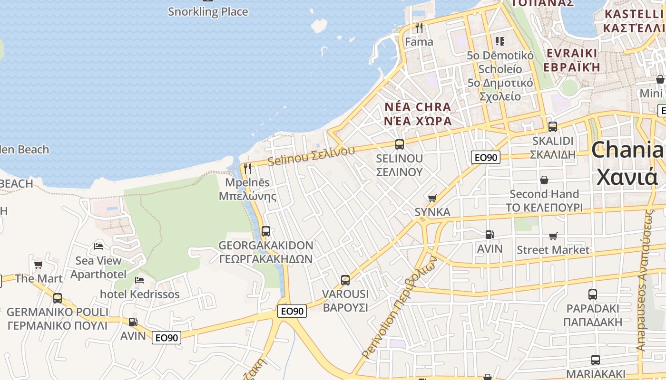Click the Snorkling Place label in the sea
208,11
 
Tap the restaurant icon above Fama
419,28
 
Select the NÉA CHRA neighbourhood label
418,107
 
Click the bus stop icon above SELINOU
400,144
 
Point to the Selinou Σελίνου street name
311,156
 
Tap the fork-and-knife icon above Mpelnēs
247,169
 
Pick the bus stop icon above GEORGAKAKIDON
266,231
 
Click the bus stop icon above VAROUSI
345,280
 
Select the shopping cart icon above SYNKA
432,198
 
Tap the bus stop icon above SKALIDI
553,127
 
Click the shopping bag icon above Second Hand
544,180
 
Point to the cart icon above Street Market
553,236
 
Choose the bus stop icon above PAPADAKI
592,294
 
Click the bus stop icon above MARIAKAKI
595,360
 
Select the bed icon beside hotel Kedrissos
139,280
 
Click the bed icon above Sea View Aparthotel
98,246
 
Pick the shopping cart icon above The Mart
39,265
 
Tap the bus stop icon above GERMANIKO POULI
58,298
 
